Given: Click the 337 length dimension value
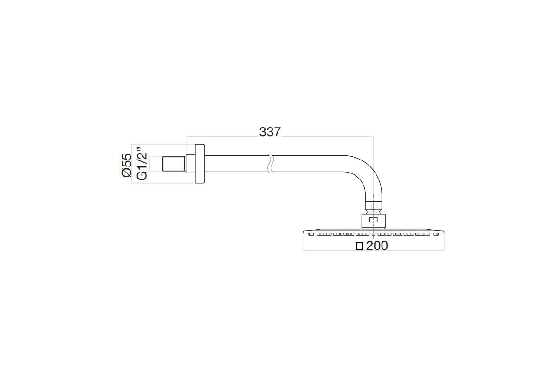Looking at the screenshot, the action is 270,132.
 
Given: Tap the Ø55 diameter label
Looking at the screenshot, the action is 127,165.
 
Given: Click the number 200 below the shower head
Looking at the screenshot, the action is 377,246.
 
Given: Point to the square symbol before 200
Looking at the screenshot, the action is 360,246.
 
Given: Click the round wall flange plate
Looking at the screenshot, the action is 200,164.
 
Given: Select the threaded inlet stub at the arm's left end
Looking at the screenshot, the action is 174,164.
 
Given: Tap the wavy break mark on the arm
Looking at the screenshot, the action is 271,164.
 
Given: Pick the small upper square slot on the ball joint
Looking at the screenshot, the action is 373,207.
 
